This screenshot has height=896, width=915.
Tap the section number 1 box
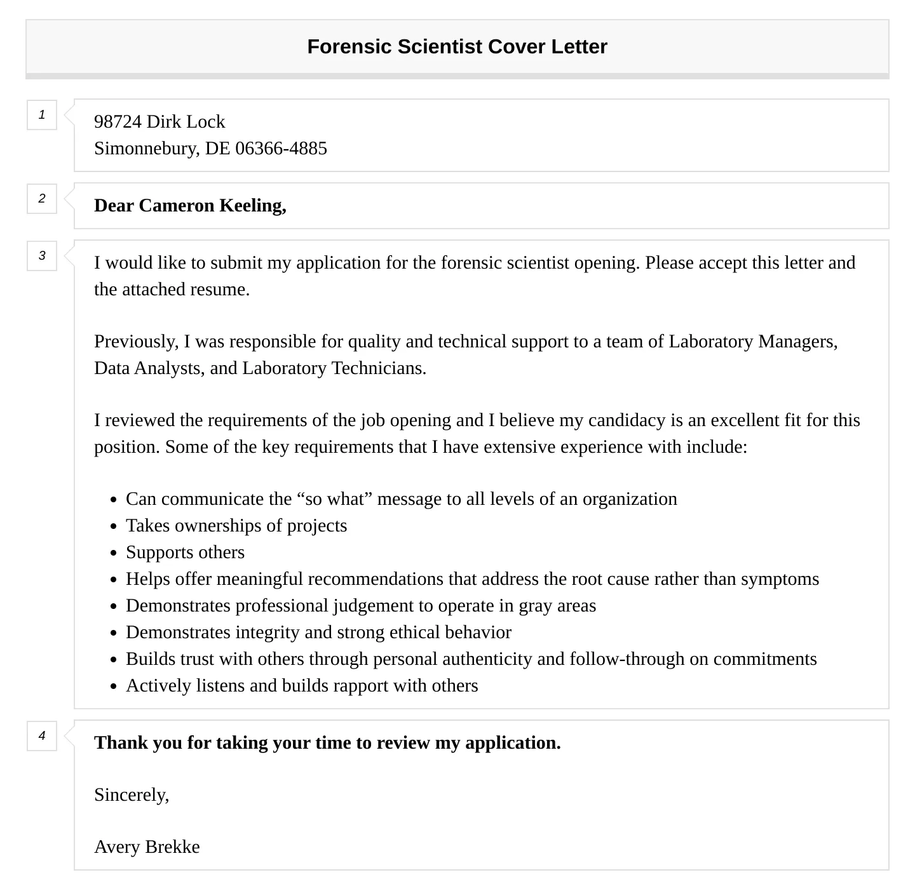coord(42,115)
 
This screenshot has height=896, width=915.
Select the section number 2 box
coord(42,199)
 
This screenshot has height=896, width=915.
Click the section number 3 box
coord(42,256)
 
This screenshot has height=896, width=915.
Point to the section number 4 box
coord(42,736)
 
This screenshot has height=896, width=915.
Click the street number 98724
coord(118,122)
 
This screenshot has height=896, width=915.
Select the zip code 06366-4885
coord(281,149)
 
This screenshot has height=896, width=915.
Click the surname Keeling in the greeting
coord(252,206)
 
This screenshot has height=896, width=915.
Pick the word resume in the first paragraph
coord(222,290)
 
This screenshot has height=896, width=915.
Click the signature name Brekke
coord(172,847)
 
